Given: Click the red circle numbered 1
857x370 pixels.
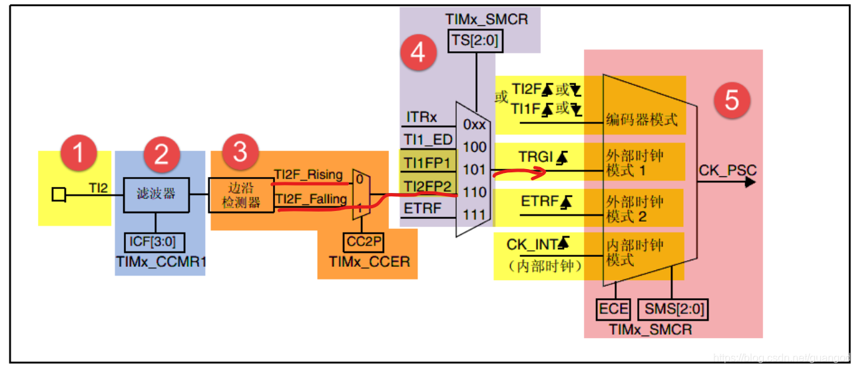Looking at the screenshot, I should (x=79, y=153).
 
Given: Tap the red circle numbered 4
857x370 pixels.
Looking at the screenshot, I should (x=418, y=53).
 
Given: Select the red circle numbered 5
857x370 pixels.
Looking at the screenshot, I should (x=732, y=101).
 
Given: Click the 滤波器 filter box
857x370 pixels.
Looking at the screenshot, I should (x=156, y=194).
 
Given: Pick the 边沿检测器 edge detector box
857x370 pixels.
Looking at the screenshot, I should (x=241, y=194).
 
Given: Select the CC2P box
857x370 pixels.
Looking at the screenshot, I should (x=364, y=240).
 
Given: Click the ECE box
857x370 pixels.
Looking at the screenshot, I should (x=614, y=310).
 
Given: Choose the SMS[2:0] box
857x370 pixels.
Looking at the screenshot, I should (x=672, y=310).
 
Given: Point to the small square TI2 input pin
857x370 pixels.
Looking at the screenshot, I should (x=59, y=194).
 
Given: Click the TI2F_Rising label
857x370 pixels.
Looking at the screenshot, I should (x=308, y=175).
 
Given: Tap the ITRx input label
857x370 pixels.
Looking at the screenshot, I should (x=422, y=117).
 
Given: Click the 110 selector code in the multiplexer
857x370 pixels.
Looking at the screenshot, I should (x=475, y=192).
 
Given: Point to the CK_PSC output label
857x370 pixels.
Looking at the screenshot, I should (x=727, y=170).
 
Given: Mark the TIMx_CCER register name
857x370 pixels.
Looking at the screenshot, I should (x=369, y=262).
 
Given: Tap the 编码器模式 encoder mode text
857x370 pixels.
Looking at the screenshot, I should (x=641, y=120).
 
